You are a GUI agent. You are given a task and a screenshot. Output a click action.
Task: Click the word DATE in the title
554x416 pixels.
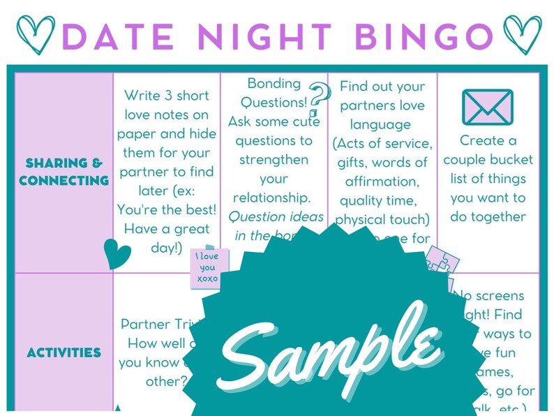122,35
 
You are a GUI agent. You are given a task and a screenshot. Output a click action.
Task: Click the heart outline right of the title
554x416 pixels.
523,32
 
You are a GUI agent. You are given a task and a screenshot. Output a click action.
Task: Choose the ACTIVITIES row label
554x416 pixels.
63,352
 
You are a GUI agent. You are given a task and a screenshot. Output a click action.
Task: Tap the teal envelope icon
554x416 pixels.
487,107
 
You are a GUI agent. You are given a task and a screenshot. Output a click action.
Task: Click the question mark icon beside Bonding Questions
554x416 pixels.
319,97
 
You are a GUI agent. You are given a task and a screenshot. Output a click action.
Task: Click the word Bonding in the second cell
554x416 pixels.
274,84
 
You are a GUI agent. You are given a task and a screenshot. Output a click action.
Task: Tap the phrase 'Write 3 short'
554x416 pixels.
166,95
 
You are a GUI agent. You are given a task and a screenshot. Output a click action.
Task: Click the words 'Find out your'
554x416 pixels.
382,87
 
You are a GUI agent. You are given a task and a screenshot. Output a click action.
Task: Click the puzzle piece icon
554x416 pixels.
442,262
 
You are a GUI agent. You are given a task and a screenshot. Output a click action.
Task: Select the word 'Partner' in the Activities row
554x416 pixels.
147,325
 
